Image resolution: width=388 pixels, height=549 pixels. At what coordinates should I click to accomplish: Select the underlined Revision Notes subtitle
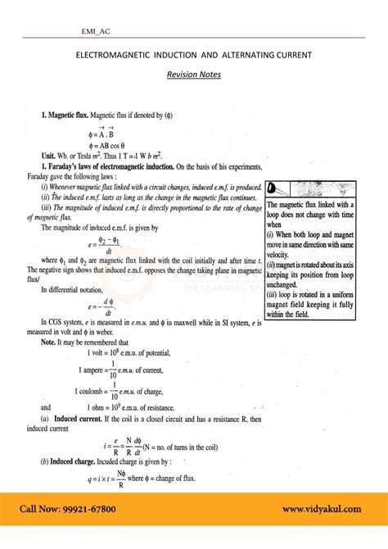pyautogui.click(x=193, y=75)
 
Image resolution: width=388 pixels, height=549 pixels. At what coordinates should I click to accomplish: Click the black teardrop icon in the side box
pyautogui.click(x=273, y=188)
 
